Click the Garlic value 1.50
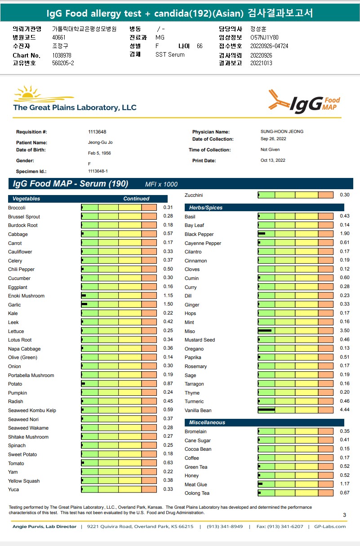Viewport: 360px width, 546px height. click(x=168, y=305)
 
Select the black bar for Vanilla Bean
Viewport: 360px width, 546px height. click(x=266, y=410)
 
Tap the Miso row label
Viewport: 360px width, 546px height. click(x=190, y=331)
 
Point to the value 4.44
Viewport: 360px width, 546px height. click(x=345, y=410)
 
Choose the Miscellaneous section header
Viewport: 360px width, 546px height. click(x=207, y=422)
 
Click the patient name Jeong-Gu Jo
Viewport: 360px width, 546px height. click(x=100, y=142)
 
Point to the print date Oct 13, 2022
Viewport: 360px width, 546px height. click(x=273, y=160)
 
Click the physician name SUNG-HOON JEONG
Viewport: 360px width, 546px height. click(x=282, y=132)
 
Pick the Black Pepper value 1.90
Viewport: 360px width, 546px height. click(x=345, y=234)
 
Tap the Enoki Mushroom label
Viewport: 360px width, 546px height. click(x=26, y=296)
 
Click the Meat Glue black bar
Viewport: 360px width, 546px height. click(x=260, y=484)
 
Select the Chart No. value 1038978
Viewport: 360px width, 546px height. click(x=62, y=55)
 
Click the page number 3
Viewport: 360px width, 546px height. click(x=344, y=515)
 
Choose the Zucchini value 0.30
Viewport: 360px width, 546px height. click(x=345, y=195)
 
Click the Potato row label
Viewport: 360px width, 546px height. click(x=15, y=384)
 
